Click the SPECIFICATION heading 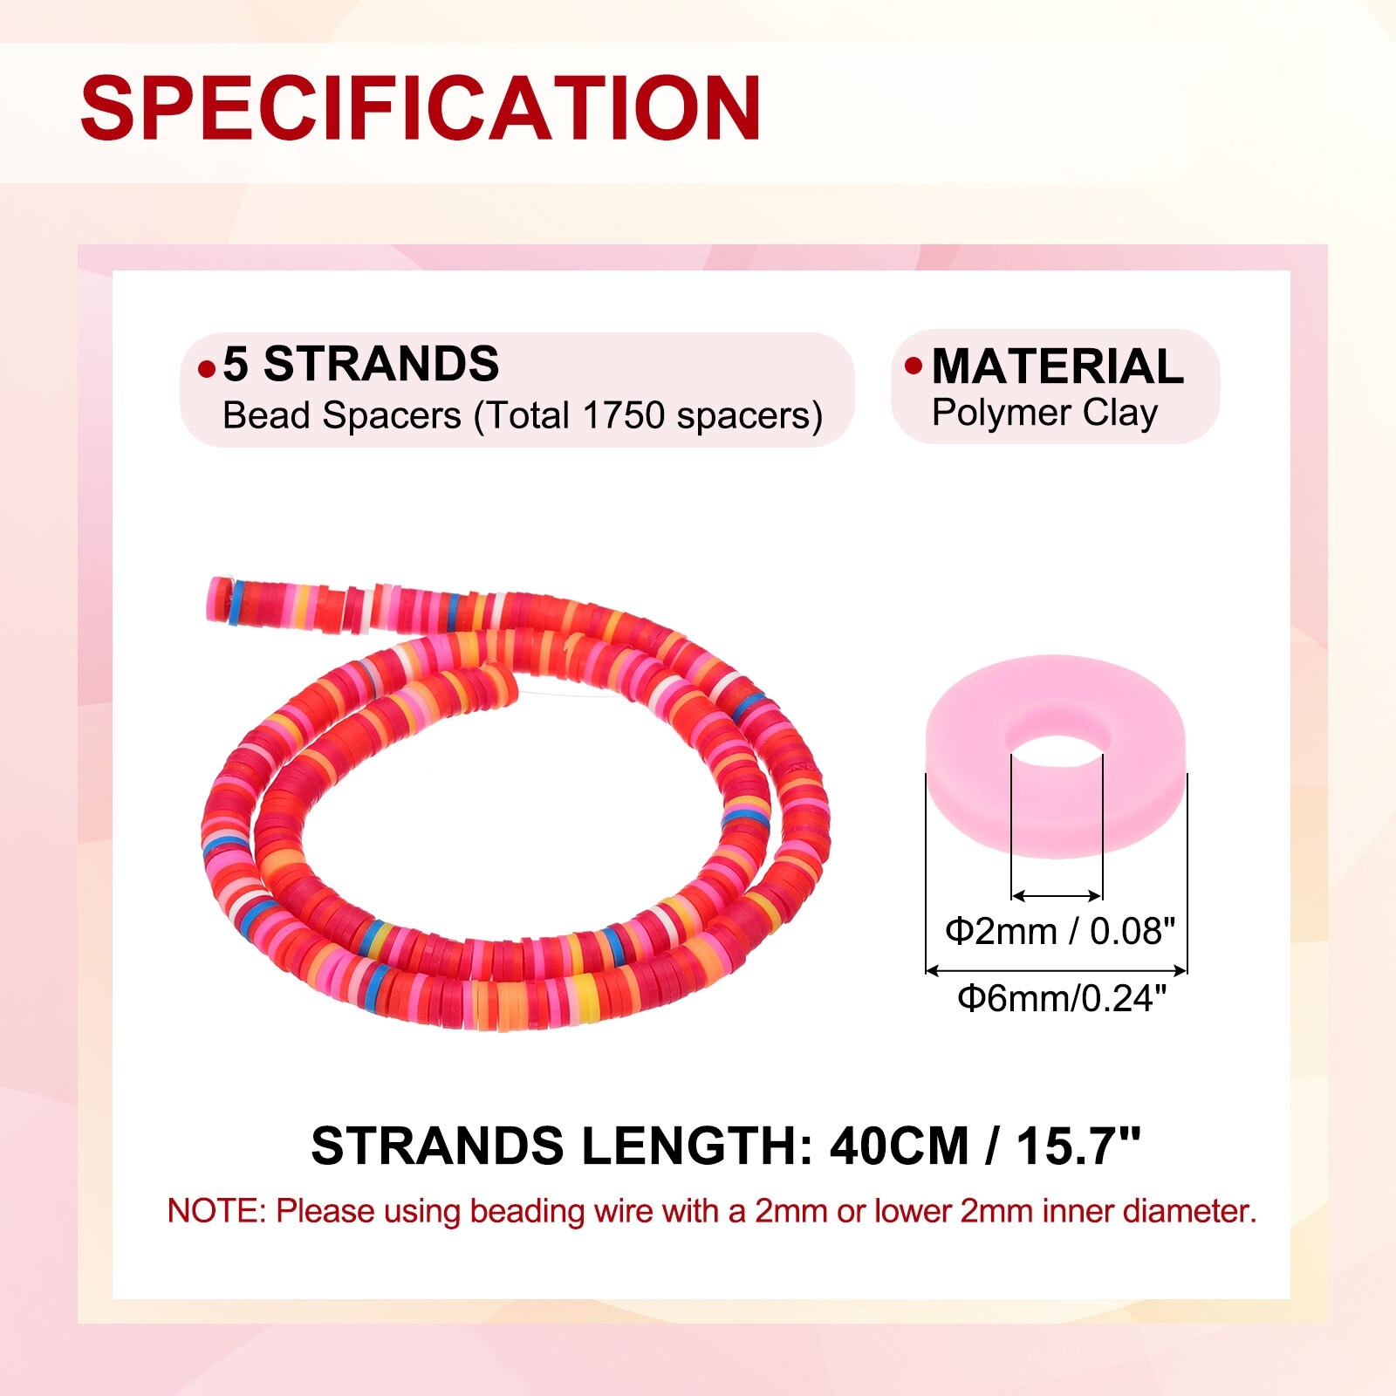pos(421,107)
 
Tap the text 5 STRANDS pos(361,364)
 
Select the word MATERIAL pos(1057,366)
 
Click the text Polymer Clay pos(1044,414)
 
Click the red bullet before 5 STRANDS pos(206,369)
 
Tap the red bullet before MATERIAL pos(914,366)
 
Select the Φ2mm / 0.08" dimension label pos(1060,932)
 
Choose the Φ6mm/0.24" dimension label pos(1062,997)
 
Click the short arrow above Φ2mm pos(1057,895)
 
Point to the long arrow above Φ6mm pos(1057,969)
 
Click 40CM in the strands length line pos(899,1146)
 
